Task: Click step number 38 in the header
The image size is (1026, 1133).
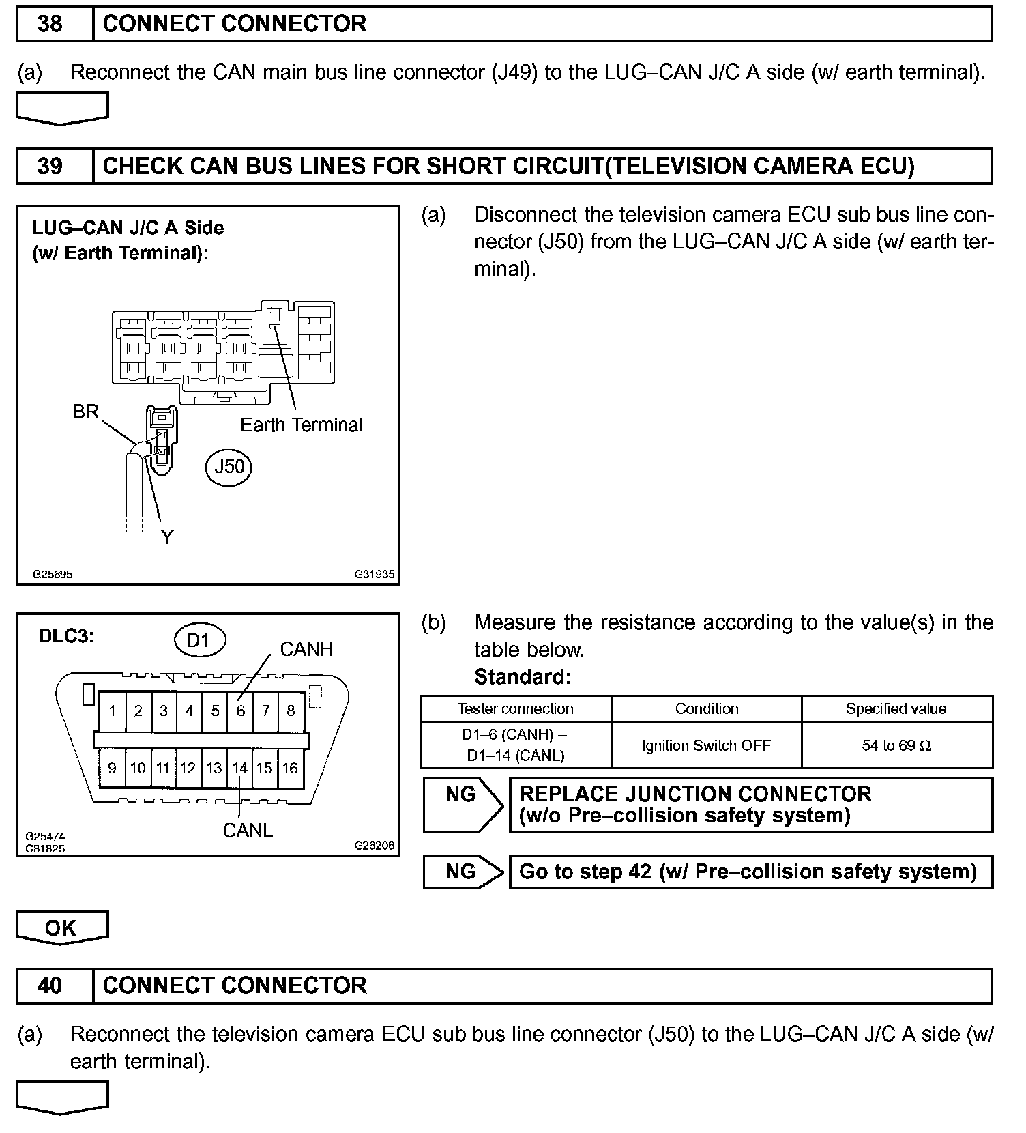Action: [50, 24]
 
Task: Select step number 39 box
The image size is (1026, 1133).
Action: [50, 167]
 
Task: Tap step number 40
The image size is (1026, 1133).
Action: [50, 985]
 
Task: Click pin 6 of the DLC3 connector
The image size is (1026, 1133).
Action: [240, 711]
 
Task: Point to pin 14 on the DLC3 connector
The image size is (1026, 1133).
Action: [239, 768]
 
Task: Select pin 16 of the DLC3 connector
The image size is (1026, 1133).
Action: [290, 768]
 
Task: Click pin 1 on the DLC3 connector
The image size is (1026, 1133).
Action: [113, 711]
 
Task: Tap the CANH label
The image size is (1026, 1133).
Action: [306, 649]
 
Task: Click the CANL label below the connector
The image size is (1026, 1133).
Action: [248, 831]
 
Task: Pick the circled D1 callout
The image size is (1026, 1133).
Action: [198, 640]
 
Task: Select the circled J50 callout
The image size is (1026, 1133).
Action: [229, 466]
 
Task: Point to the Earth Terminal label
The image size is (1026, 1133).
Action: [302, 425]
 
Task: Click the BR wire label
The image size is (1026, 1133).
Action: [86, 412]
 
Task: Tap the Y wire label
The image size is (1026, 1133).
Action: [167, 537]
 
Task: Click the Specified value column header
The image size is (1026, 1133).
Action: [896, 708]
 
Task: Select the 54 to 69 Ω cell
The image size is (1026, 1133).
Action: [896, 745]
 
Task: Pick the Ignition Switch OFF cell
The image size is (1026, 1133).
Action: [706, 745]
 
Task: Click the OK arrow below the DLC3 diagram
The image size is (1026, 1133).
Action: [61, 928]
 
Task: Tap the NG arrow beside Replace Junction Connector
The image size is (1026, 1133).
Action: [462, 804]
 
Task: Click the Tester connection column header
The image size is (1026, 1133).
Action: [516, 708]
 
